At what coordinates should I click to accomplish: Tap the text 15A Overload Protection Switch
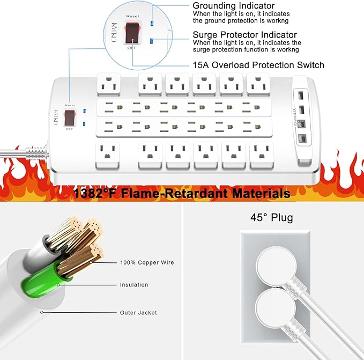click(x=258, y=65)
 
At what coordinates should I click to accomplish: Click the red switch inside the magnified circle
click(x=131, y=34)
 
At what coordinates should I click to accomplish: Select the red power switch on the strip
click(x=69, y=119)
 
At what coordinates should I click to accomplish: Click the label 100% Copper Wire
click(x=147, y=263)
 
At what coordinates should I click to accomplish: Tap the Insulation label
click(x=134, y=285)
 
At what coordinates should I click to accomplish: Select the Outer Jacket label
click(x=138, y=312)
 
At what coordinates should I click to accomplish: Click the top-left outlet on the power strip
click(x=109, y=84)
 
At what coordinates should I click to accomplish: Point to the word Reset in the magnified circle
click(x=132, y=16)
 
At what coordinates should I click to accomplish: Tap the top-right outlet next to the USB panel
click(x=258, y=84)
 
